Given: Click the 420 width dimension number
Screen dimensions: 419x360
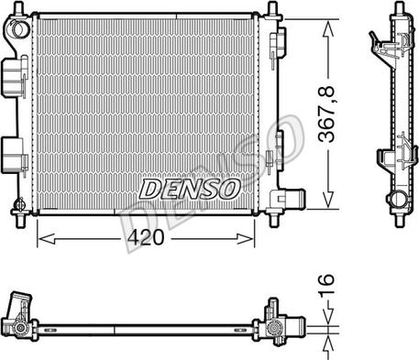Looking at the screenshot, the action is pos(146,238).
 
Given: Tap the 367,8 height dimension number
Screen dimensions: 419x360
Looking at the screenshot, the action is pos(325,115).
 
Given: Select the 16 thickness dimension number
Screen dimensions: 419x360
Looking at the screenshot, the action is pos(325,286).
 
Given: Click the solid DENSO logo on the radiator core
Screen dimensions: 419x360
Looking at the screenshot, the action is pos(190,189).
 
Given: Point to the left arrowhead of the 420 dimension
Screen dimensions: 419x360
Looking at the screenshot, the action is pos(46,239).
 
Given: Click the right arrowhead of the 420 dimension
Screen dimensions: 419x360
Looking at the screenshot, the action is pos(246,239).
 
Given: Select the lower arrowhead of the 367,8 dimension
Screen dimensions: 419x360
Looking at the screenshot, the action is pos(328,200).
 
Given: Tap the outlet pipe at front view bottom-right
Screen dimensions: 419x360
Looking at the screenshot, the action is pos(291,200).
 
